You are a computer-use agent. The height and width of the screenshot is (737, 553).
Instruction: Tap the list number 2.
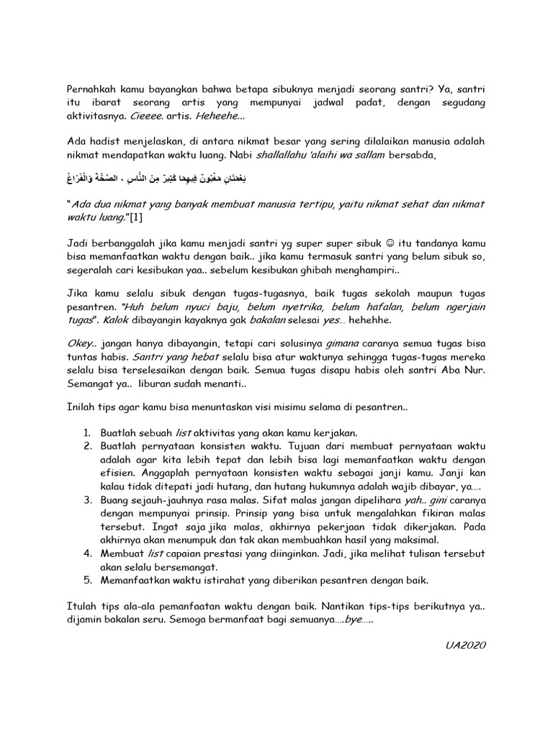coord(86,447)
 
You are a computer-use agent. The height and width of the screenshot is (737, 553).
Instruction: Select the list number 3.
coord(86,498)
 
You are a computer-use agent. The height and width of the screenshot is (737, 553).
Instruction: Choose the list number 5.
coord(86,580)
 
